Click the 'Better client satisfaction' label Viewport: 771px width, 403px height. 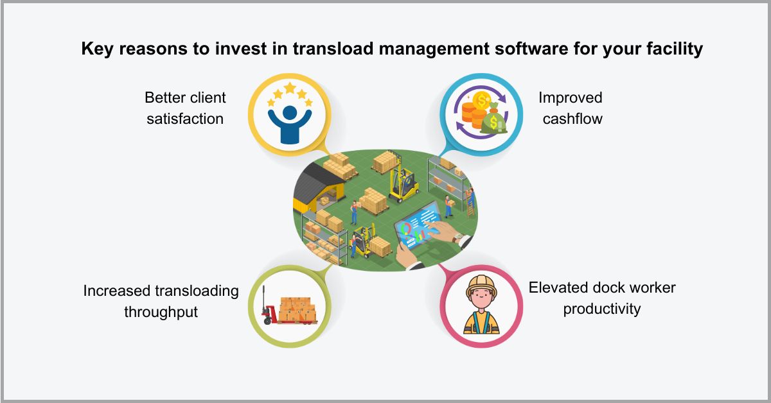click(185, 108)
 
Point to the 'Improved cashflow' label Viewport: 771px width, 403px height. click(571, 108)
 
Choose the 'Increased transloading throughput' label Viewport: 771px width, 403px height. click(161, 301)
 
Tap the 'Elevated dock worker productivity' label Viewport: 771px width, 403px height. click(602, 298)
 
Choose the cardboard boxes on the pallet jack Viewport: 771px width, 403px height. click(297, 307)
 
